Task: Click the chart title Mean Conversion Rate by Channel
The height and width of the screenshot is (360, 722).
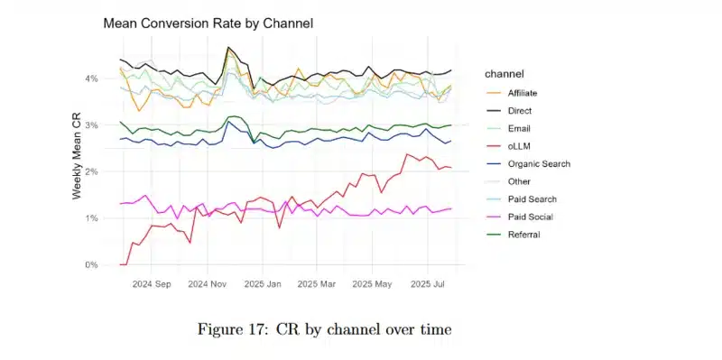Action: tap(208, 23)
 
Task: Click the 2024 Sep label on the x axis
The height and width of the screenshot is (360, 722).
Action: tap(152, 283)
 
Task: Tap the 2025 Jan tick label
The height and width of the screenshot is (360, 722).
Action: tap(265, 283)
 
